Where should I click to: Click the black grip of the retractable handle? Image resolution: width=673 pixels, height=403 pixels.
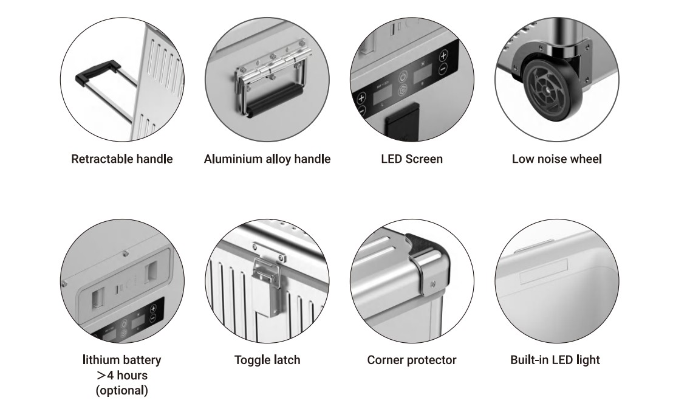click(97, 71)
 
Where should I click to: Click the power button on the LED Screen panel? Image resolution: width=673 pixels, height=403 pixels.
click(403, 77)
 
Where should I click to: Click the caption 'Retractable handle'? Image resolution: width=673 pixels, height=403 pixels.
click(122, 159)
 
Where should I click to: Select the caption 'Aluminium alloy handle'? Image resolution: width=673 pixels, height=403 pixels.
click(267, 159)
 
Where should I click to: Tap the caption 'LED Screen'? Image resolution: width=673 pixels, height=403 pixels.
click(412, 159)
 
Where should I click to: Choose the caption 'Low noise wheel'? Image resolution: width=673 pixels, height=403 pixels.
click(557, 159)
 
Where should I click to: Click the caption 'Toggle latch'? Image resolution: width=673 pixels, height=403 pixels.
click(267, 360)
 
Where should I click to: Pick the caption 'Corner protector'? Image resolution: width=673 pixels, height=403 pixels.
click(412, 360)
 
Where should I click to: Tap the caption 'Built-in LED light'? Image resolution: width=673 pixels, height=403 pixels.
click(555, 360)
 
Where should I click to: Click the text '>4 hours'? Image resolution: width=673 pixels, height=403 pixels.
click(122, 375)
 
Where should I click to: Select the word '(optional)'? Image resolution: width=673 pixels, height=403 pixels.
click(122, 391)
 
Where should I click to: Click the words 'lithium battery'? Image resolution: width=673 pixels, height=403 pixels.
click(122, 360)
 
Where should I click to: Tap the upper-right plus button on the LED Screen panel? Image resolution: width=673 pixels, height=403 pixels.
click(443, 55)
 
